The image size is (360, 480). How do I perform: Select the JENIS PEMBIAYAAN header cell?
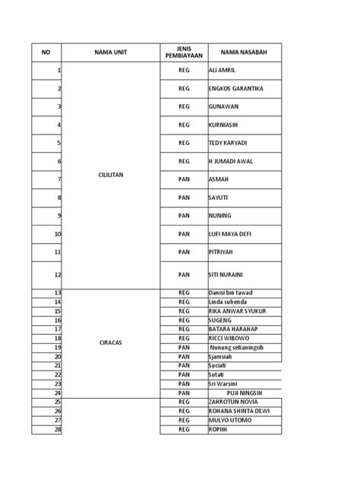coord(183,52)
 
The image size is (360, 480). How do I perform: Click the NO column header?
coord(46,52)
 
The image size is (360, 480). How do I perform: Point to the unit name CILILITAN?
coord(110,175)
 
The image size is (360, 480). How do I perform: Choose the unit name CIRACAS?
coord(110,343)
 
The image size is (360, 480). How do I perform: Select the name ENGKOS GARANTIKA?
coord(235,89)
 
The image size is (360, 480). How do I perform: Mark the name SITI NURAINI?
coord(227,274)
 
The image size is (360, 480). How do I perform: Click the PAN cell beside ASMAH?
coord(183,179)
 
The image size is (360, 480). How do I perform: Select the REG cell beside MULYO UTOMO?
coord(183,420)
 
